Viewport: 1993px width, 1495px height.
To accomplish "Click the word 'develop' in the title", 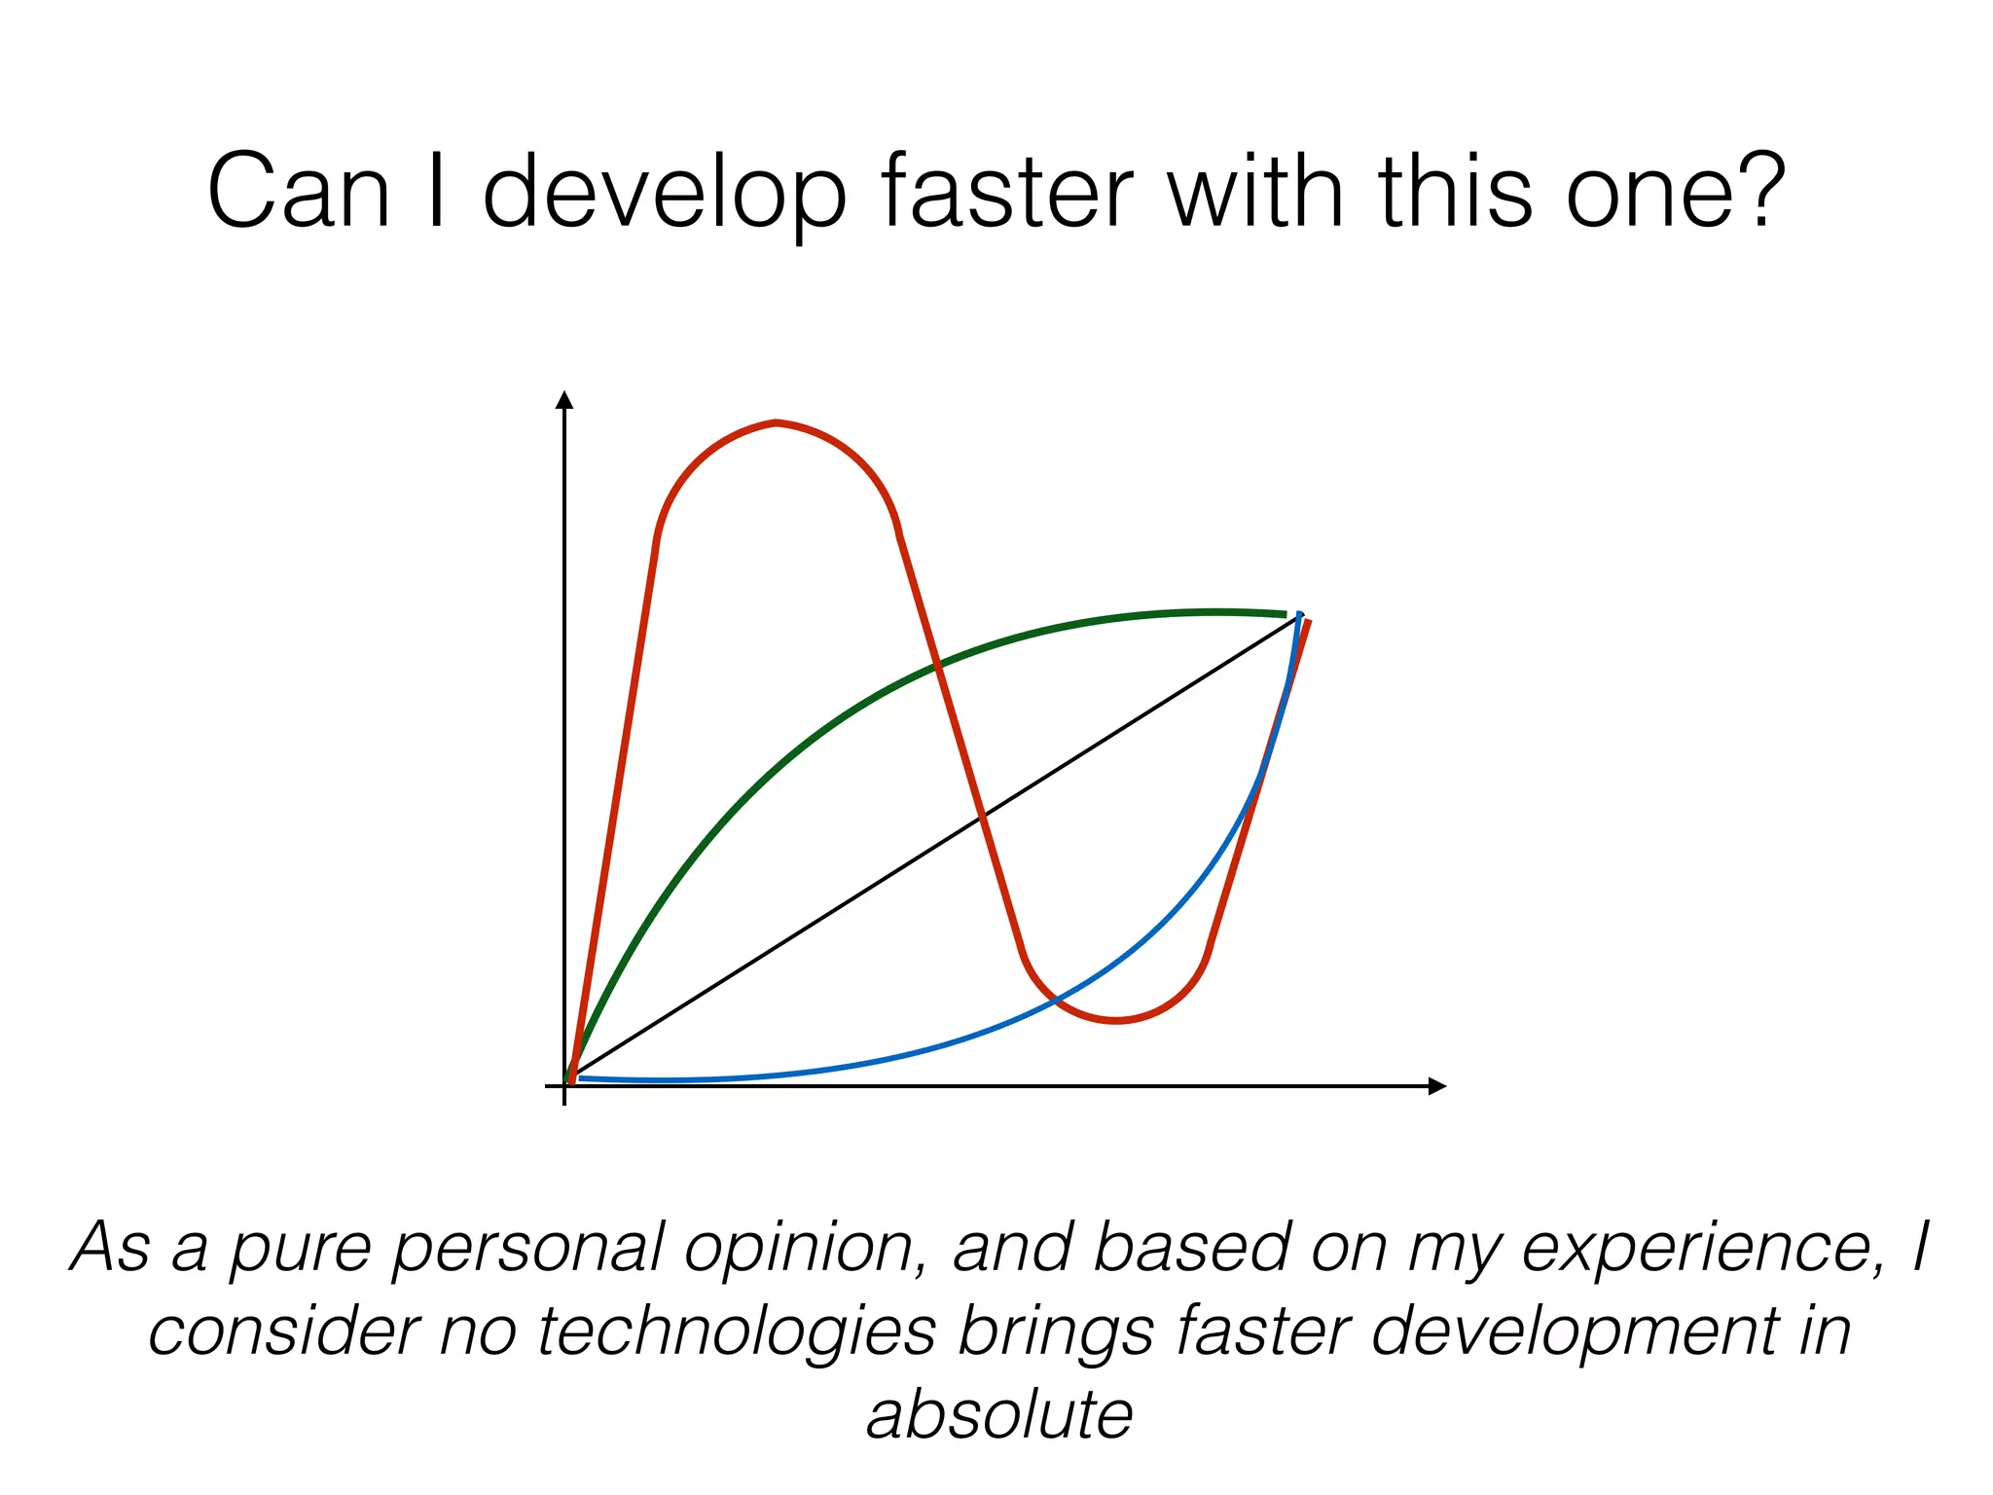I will tap(665, 192).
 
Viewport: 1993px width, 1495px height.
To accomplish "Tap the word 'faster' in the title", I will tap(1005, 192).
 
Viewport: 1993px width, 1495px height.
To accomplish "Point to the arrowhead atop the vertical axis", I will tap(564, 399).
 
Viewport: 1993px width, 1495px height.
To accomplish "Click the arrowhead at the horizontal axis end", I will tap(1437, 1086).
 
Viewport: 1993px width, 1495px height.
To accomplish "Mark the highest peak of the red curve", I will tap(776, 422).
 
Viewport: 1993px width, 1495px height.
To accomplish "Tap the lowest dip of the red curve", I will tap(1116, 1021).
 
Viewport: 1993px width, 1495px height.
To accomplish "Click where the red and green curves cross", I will tap(937, 667).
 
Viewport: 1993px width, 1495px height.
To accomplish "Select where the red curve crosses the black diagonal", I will tap(981, 814).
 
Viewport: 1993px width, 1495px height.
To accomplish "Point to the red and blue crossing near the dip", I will tap(1055, 1000).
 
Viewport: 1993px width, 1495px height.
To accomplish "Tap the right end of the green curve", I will tap(1285, 614).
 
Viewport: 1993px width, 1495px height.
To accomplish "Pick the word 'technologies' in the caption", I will tap(737, 1331).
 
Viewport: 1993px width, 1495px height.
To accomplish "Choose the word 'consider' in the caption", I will tap(283, 1331).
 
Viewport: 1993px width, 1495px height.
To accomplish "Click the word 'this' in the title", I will tap(1454, 192).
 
